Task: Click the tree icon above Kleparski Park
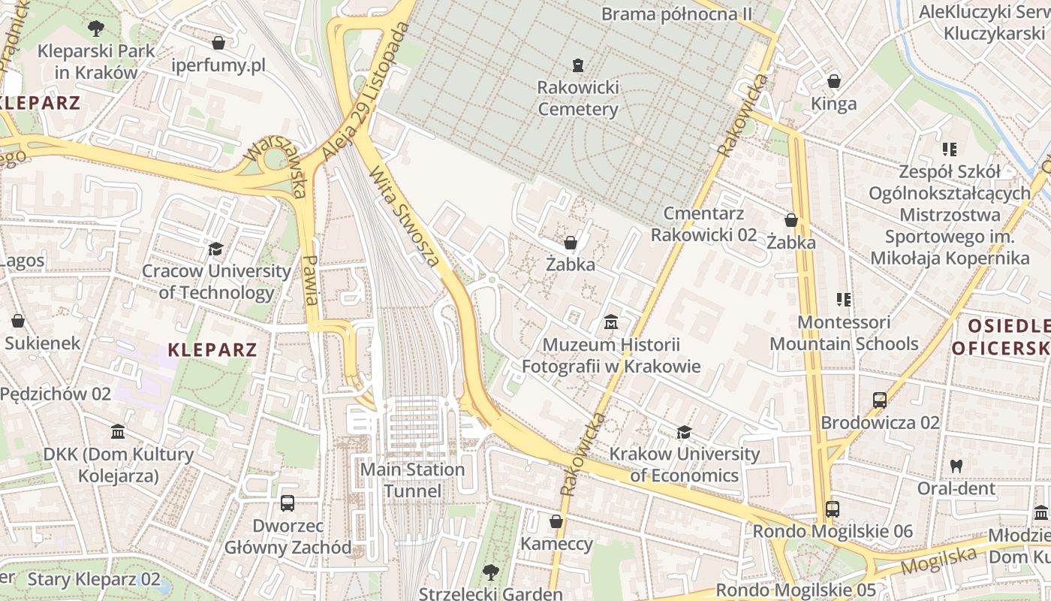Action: pyautogui.click(x=95, y=29)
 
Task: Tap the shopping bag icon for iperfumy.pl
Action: pyautogui.click(x=218, y=43)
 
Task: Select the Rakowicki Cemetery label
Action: pyautogui.click(x=578, y=98)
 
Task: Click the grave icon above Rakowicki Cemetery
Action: pyautogui.click(x=577, y=65)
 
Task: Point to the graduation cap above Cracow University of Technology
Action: pyautogui.click(x=216, y=249)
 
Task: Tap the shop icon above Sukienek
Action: pyautogui.click(x=18, y=321)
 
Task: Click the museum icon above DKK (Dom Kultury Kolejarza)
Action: pyautogui.click(x=118, y=432)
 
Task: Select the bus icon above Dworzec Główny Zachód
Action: pyautogui.click(x=287, y=503)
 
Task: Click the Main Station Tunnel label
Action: pyautogui.click(x=412, y=480)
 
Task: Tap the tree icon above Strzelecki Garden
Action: pyautogui.click(x=490, y=572)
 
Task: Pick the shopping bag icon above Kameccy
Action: pyautogui.click(x=556, y=521)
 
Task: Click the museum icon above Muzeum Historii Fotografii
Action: pyautogui.click(x=611, y=322)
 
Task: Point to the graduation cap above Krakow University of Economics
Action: pyautogui.click(x=684, y=432)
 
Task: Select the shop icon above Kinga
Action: pyautogui.click(x=833, y=81)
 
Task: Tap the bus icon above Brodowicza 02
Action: pyautogui.click(x=880, y=400)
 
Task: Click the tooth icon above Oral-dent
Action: pyautogui.click(x=956, y=466)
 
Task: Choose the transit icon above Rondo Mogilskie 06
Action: pyautogui.click(x=833, y=509)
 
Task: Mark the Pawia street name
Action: pyautogui.click(x=310, y=280)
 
